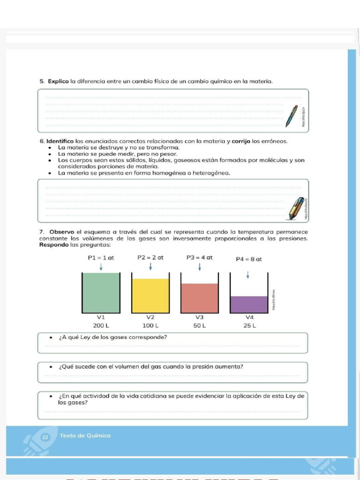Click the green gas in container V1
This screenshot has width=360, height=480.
tap(101, 293)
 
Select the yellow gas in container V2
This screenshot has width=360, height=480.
tap(150, 295)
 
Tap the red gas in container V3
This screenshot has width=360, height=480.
tap(200, 298)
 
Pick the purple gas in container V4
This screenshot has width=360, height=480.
tap(248, 304)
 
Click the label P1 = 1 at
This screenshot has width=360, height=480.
tap(101, 257)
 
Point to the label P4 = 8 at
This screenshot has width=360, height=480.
tap(248, 259)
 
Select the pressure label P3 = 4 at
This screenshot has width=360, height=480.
tap(199, 257)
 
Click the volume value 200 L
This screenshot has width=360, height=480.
tap(101, 325)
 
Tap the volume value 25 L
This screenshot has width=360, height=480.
tap(249, 325)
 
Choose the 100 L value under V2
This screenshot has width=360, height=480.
tap(150, 325)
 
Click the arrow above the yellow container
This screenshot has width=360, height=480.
tap(150, 266)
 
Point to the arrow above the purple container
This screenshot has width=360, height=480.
tap(247, 276)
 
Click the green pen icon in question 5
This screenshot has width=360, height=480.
tap(292, 116)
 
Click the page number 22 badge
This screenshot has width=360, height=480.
tap(45, 437)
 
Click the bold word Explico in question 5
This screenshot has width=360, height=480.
tap(59, 82)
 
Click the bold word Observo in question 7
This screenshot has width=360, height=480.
tap(62, 232)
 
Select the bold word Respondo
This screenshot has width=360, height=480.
tap(54, 245)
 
